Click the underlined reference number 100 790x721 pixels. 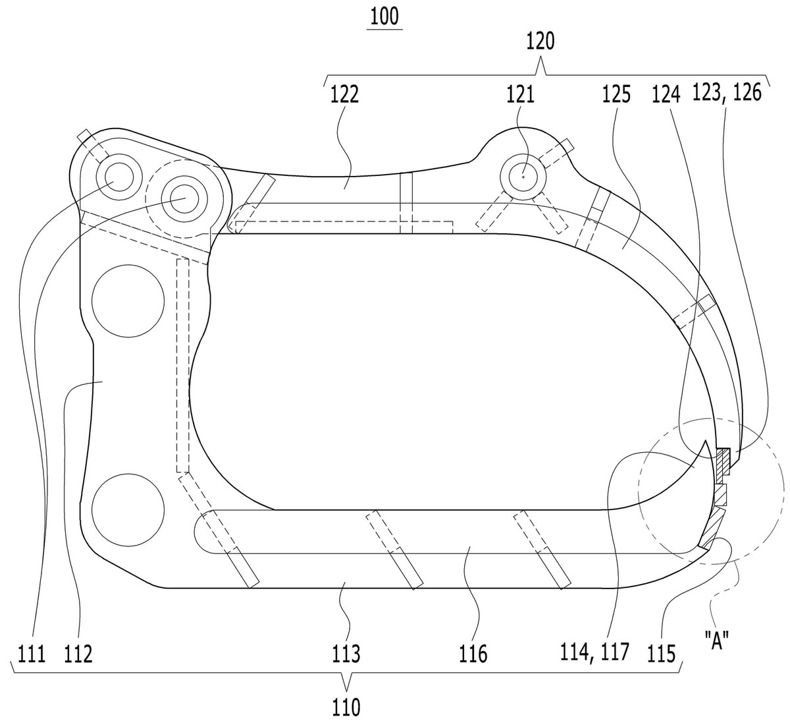click(x=384, y=17)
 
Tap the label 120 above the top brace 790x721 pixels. click(x=540, y=41)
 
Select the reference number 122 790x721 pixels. click(x=344, y=95)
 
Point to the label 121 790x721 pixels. click(x=520, y=95)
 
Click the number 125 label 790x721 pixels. click(x=616, y=95)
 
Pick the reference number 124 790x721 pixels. click(x=666, y=95)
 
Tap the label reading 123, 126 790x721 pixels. click(x=727, y=93)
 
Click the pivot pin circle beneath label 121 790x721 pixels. click(x=523, y=177)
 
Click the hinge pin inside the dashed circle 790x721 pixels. click(x=184, y=199)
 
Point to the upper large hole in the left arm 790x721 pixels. click(x=128, y=301)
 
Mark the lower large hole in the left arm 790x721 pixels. click(x=128, y=509)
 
